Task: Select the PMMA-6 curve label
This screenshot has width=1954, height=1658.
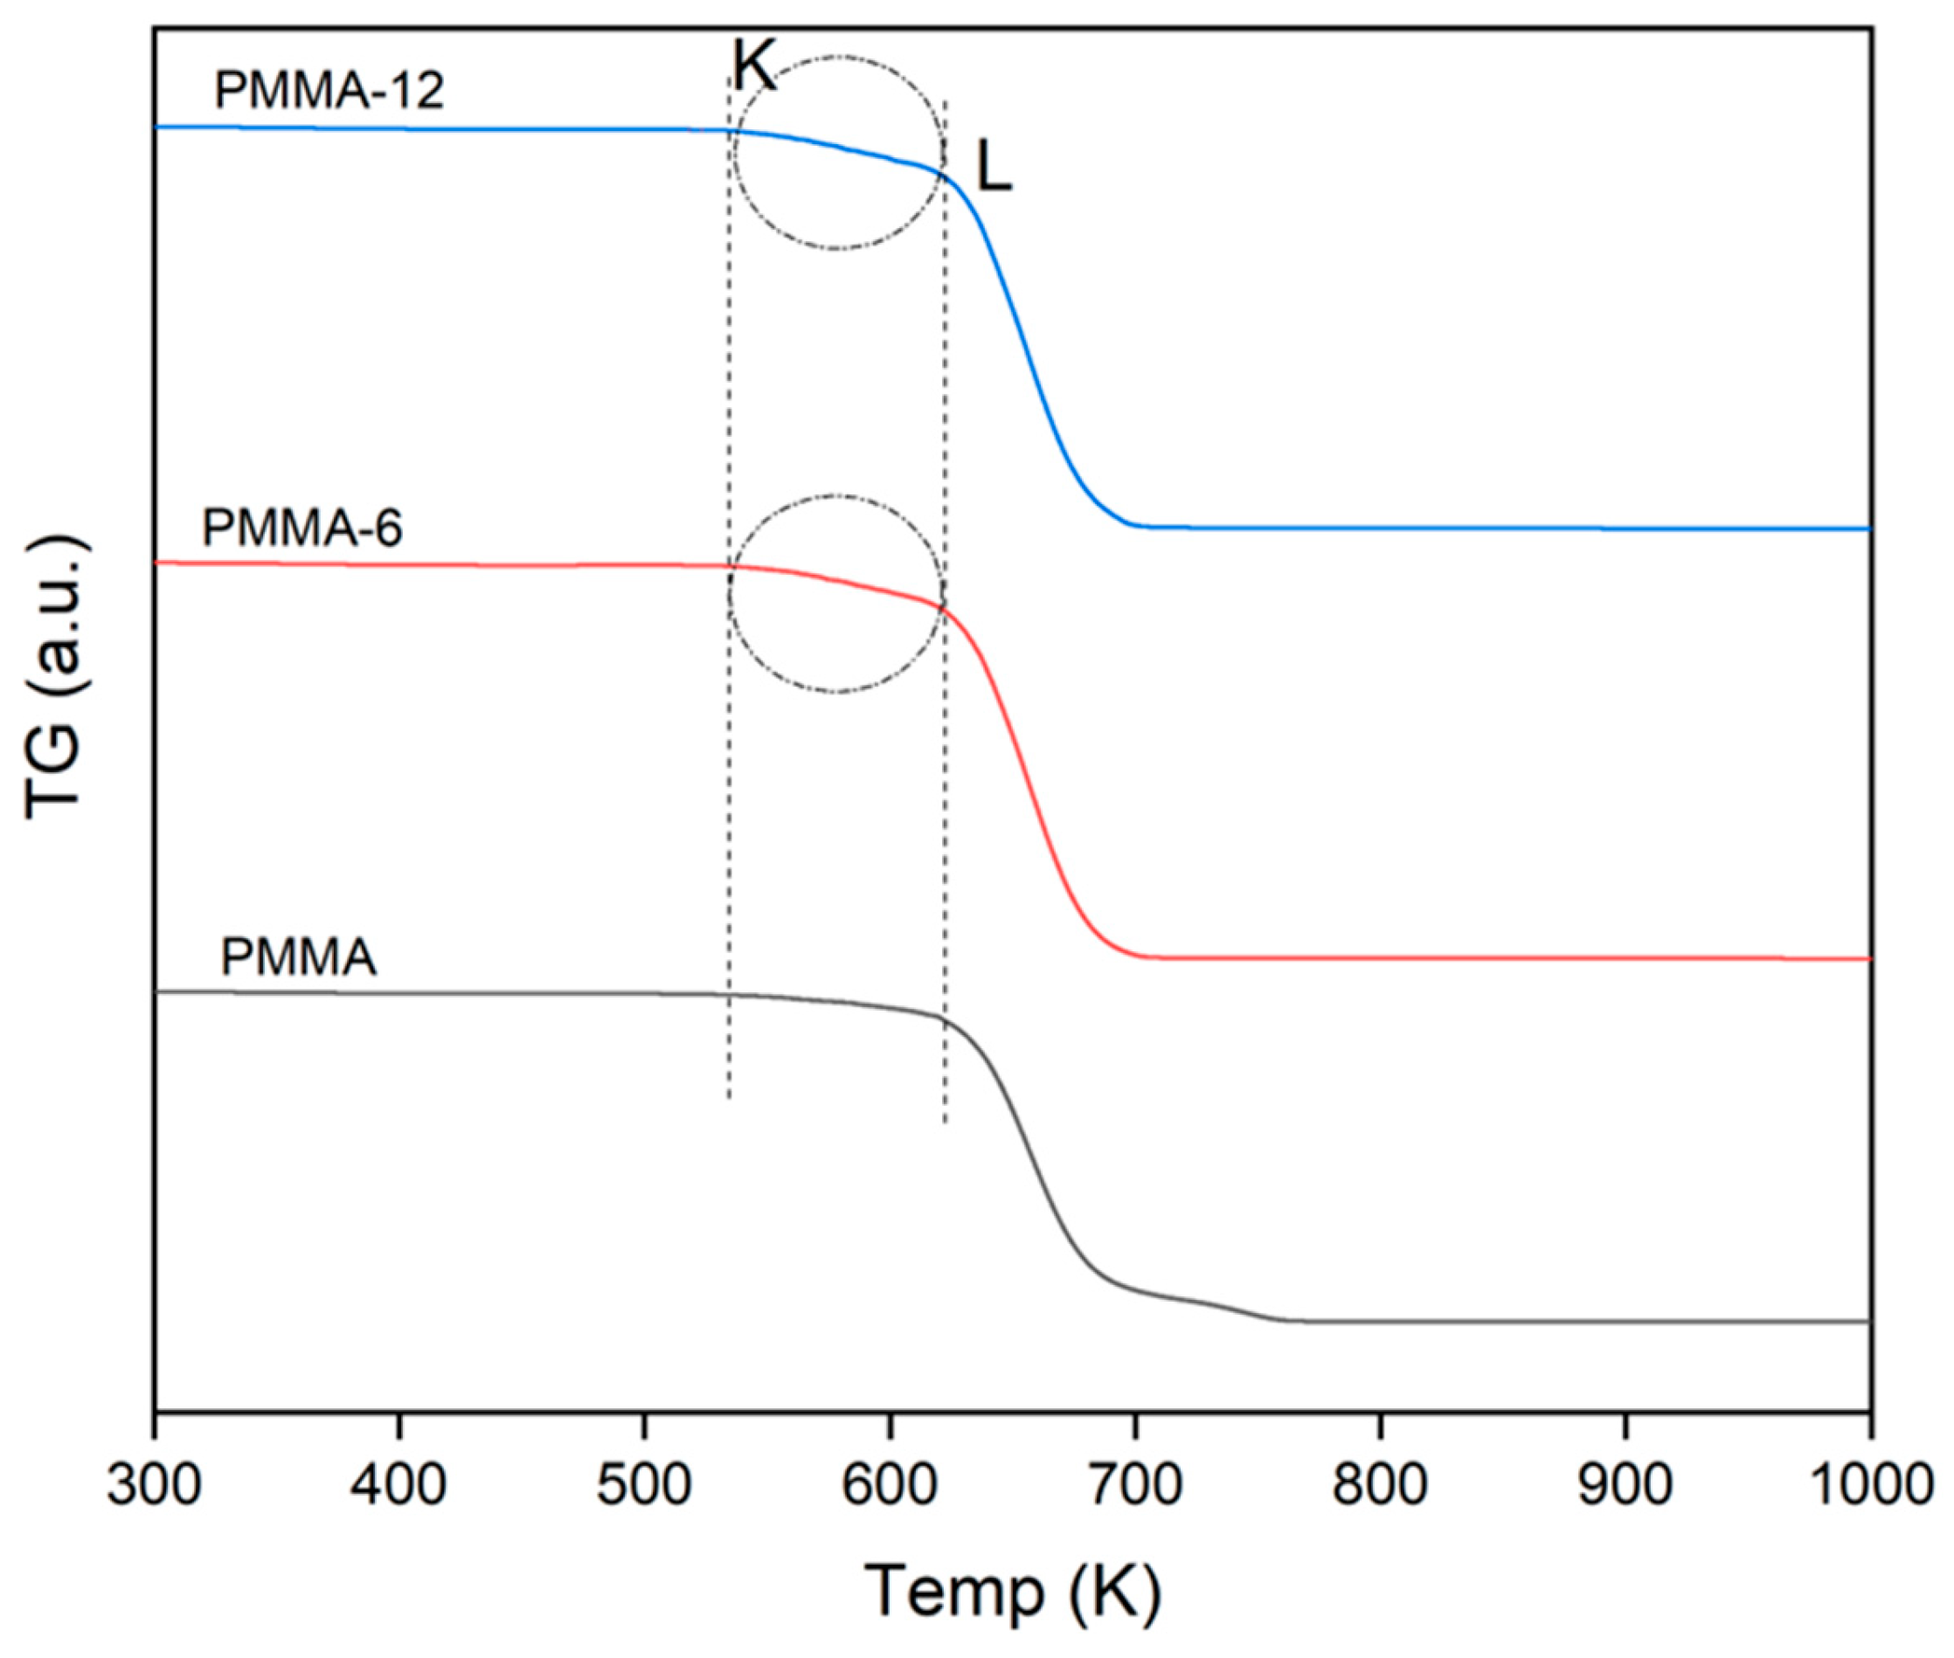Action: tap(301, 528)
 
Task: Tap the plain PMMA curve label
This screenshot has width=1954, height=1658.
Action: tap(298, 958)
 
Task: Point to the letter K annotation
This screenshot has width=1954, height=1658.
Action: tap(755, 67)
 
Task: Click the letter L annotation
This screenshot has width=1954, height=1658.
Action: tap(994, 171)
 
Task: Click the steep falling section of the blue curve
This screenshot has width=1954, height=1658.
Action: tap(1025, 348)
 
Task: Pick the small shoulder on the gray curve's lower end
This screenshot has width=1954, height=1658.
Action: tap(1213, 1303)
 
